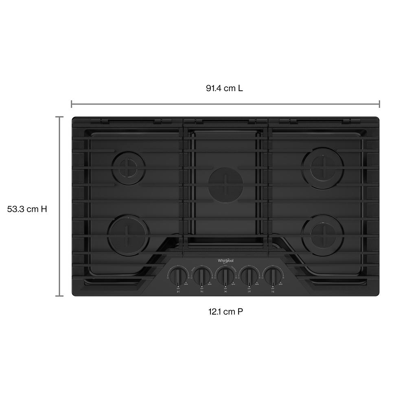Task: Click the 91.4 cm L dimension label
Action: pyautogui.click(x=224, y=88)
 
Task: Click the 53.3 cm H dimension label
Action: pyautogui.click(x=27, y=209)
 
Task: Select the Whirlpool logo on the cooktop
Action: pyautogui.click(x=225, y=260)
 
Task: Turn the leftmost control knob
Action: pyautogui.click(x=177, y=276)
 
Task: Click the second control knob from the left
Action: pyautogui.click(x=201, y=276)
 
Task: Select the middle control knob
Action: pyautogui.click(x=225, y=276)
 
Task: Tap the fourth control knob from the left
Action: pyautogui.click(x=249, y=276)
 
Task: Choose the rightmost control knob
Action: pyautogui.click(x=273, y=276)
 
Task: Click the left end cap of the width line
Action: pyautogui.click(x=72, y=104)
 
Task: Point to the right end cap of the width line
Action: pyautogui.click(x=379, y=104)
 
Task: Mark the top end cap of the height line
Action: pyautogui.click(x=59, y=117)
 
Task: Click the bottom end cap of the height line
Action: pyautogui.click(x=59, y=296)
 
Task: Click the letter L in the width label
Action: pyautogui.click(x=241, y=88)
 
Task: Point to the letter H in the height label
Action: pyautogui.click(x=44, y=209)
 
